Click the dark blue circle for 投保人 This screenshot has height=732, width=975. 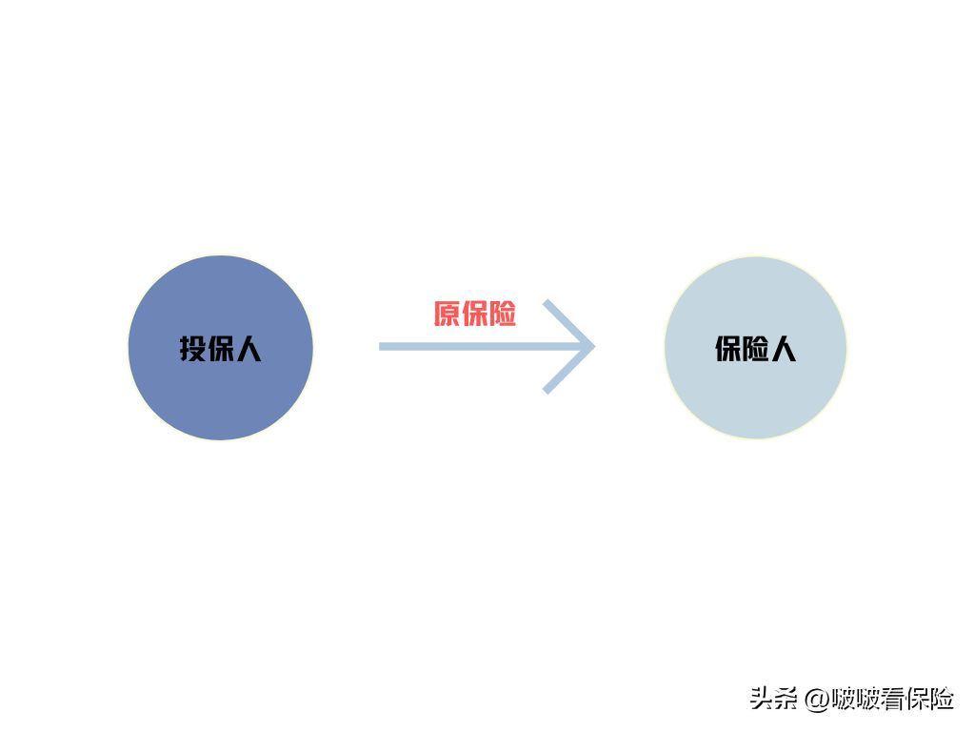point(221,347)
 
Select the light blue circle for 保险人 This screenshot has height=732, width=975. point(755,347)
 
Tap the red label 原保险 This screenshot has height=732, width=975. point(475,314)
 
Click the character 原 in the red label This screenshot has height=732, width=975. point(448,314)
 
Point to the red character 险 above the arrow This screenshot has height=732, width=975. point(503,314)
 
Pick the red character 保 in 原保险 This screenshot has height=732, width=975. point(475,314)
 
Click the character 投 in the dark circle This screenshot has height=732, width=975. point(192,349)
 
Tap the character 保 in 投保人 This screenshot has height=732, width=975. point(221,349)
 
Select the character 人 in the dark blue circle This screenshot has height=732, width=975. point(249,349)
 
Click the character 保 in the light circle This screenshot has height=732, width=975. point(728,349)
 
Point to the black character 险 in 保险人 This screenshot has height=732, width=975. point(755,349)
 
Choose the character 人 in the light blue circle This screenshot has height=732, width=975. point(784,349)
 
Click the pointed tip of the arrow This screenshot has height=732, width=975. point(595,347)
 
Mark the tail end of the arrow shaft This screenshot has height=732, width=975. point(380,347)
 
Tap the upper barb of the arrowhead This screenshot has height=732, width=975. point(568,323)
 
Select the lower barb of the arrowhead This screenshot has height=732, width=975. point(568,371)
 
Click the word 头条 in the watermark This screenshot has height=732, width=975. point(773,699)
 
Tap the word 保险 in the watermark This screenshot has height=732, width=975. point(930,699)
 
